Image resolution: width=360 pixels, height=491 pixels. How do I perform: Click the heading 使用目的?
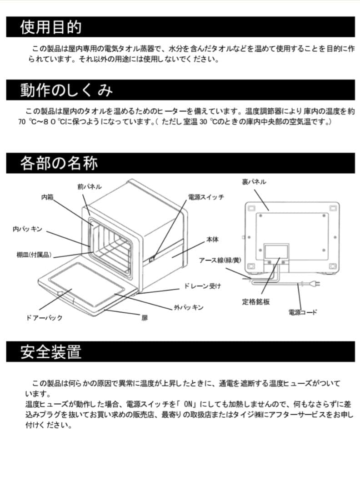(50, 27)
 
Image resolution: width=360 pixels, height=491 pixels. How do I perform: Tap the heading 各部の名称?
(59, 163)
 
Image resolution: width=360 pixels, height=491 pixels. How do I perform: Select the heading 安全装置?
(50, 351)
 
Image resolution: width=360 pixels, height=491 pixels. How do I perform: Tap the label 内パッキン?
(27, 230)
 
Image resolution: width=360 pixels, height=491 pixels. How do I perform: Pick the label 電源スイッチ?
(206, 197)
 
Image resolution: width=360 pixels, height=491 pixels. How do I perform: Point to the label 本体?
(213, 239)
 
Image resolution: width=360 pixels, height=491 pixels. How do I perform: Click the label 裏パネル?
(254, 182)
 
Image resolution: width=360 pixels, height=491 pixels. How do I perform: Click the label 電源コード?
(303, 312)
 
